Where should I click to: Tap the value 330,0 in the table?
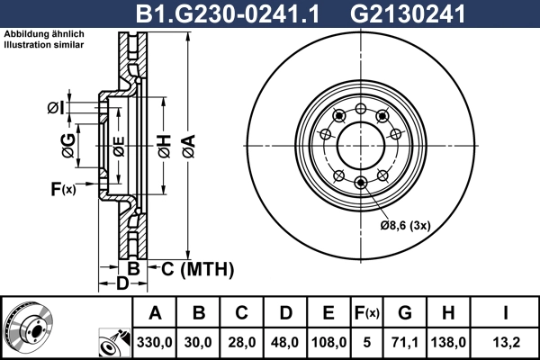(x=155, y=342)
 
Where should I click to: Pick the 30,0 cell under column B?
(x=199, y=342)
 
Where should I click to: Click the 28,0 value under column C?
(x=242, y=342)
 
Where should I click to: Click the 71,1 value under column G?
(x=405, y=342)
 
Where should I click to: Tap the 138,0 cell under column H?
(x=449, y=342)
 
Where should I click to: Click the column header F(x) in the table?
(x=366, y=314)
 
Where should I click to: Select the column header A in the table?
(x=155, y=314)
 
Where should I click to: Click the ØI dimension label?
(x=56, y=109)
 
